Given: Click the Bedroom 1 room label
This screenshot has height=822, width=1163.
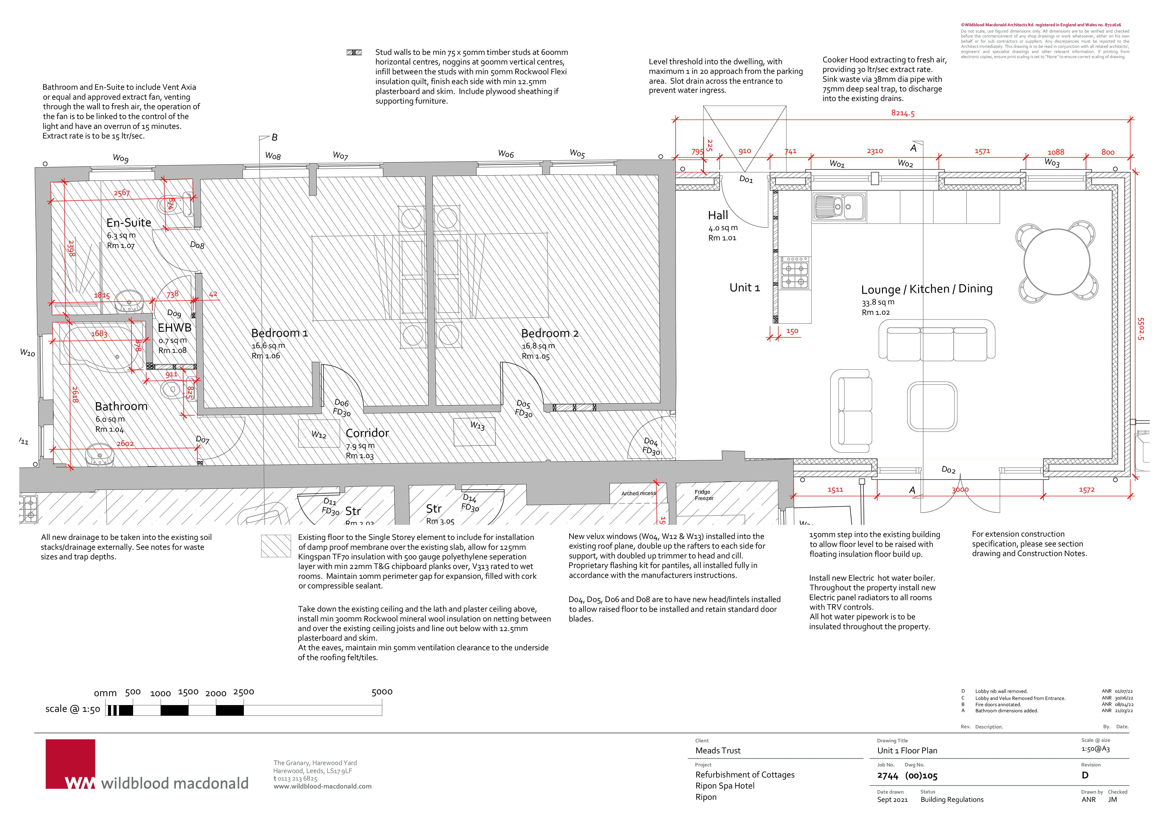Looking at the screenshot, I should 279,333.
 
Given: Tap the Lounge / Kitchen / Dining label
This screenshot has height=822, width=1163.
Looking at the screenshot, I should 927,289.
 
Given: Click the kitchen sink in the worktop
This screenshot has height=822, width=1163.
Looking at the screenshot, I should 839,207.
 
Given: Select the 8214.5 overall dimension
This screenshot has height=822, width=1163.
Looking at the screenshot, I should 903,113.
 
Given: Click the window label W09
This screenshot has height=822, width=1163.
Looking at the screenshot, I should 120,158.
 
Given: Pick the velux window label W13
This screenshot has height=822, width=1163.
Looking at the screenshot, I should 477,426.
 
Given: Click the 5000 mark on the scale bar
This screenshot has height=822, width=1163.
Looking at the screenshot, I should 382,692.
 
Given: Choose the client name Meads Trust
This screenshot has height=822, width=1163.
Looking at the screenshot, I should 718,751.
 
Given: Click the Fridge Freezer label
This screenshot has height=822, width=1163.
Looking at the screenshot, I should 703,495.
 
